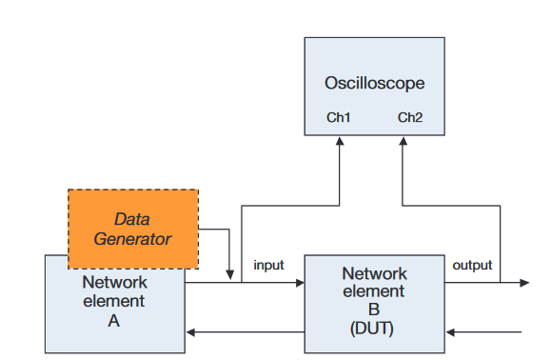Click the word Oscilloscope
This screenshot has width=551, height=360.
374,83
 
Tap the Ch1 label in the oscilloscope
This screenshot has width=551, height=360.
339,118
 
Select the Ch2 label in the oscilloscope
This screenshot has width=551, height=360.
410,118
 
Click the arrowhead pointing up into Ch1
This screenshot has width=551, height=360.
340,139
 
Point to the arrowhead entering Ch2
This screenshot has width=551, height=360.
402,139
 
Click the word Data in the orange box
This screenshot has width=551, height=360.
132,219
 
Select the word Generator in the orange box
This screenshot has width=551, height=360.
132,238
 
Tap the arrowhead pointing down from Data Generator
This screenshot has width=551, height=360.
230,275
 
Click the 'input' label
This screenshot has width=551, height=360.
268,266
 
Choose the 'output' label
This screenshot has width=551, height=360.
472,265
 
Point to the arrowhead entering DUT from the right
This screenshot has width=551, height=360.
450,332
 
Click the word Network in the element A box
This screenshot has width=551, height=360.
114,283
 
